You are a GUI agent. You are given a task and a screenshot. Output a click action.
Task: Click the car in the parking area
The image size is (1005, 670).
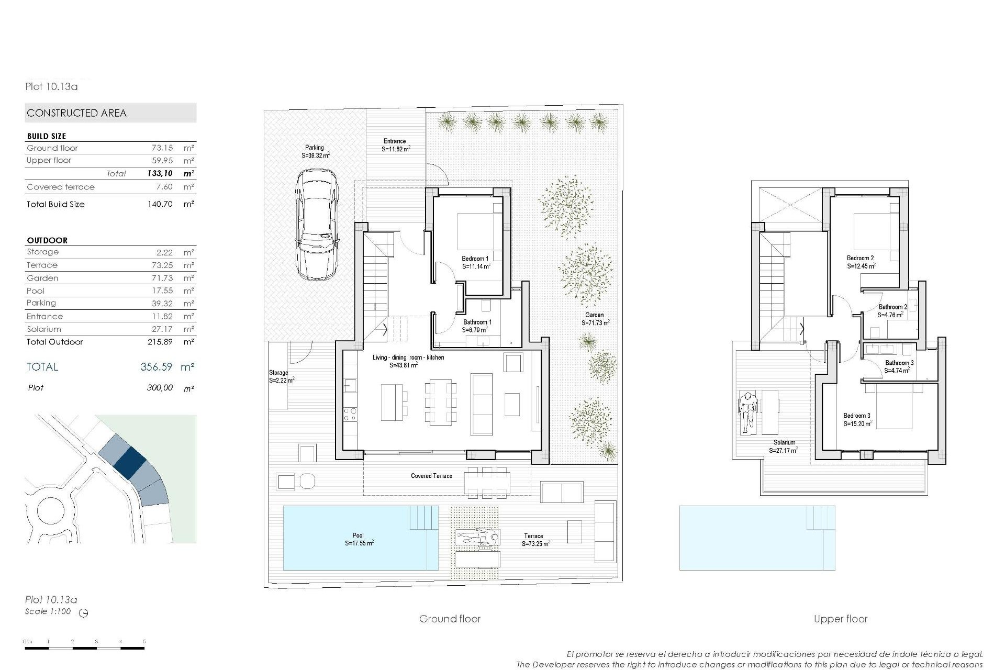pos(317,225)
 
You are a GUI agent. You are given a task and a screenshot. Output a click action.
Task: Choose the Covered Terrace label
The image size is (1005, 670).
pos(431,476)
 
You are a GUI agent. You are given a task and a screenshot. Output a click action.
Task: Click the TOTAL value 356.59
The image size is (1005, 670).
pos(156,367)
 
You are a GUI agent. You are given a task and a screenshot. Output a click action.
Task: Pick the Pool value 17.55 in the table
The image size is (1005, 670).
pos(165,291)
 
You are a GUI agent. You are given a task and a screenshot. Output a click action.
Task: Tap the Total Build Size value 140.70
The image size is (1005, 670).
pos(160,204)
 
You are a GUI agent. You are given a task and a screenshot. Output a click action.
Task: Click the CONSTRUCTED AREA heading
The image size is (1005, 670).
pos(76,113)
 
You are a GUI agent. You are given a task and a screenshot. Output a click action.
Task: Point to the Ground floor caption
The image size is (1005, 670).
pos(450,619)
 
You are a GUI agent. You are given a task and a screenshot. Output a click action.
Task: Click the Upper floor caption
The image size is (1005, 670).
pos(841,619)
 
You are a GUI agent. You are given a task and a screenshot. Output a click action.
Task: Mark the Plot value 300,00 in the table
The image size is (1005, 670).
pos(160,388)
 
